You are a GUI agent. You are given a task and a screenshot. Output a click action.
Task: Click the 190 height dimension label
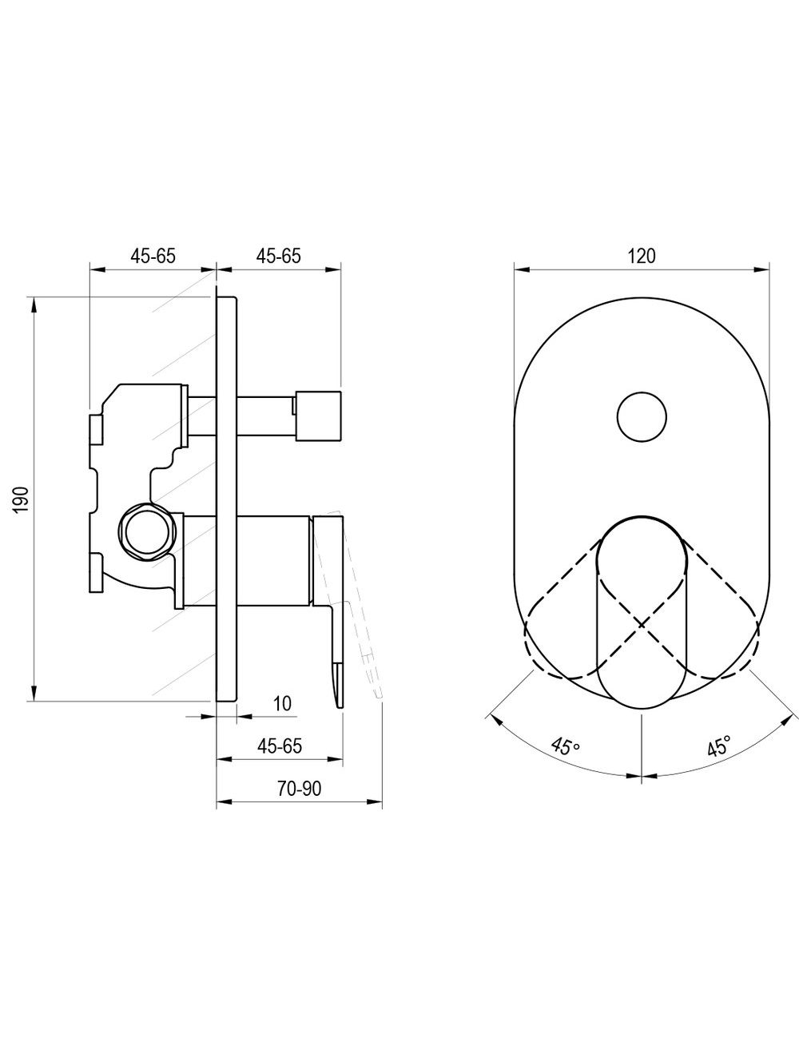point(22,499)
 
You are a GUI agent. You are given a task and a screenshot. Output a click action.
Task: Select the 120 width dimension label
point(642,257)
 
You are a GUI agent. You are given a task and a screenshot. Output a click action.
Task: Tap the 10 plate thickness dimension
point(283,703)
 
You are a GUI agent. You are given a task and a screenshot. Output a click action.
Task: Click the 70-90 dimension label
point(299,789)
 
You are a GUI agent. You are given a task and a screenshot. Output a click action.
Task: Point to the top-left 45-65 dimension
point(153,257)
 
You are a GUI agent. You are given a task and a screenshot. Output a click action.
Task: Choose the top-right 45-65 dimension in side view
point(279,257)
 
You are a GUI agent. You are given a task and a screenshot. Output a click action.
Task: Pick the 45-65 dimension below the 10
point(280,746)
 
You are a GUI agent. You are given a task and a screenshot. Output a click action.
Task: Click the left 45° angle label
point(565,746)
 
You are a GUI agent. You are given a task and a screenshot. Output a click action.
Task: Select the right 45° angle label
point(719,746)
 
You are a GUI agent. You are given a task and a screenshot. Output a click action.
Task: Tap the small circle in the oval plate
point(642,417)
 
